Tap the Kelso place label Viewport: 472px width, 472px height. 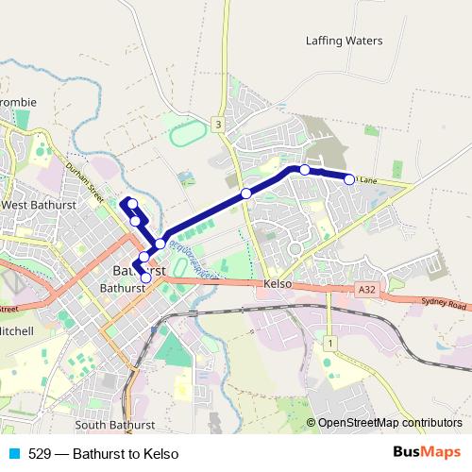coord(278,284)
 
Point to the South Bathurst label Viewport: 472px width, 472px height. coord(114,426)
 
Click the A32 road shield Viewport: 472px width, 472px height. coord(368,291)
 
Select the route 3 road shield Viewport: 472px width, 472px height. coord(218,124)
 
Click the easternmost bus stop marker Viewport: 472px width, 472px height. coord(349,178)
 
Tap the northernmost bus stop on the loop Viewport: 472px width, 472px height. coord(132,203)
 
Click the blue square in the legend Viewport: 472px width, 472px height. coord(13,454)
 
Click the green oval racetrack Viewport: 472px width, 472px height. coord(189,132)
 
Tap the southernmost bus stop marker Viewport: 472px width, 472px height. coord(146,278)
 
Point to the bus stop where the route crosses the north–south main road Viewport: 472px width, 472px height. coord(245,194)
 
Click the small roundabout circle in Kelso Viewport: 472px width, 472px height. coord(295,248)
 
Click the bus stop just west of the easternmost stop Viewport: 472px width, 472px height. coord(305,170)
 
